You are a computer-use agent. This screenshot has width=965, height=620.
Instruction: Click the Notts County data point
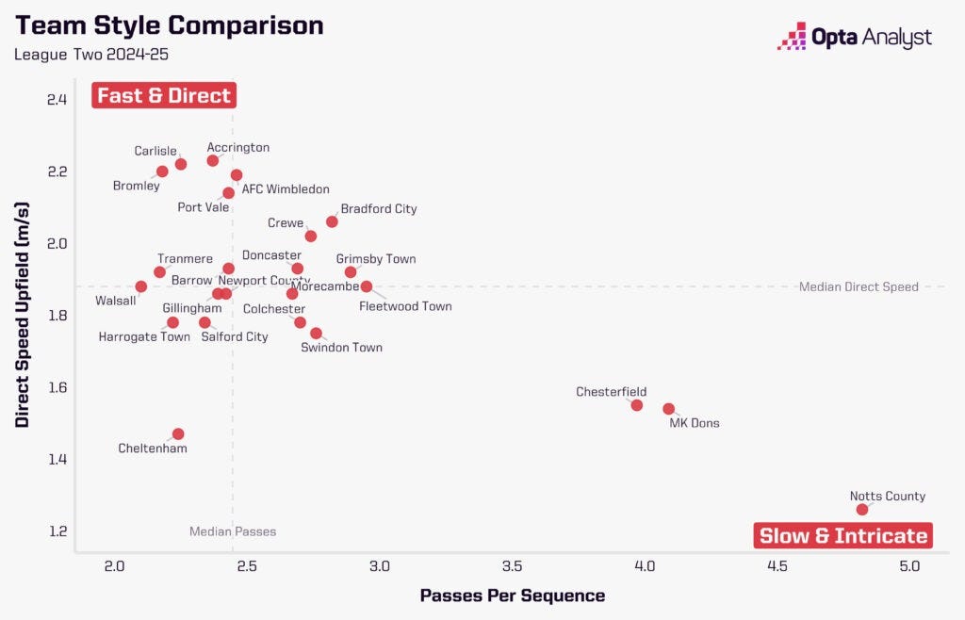coord(861,510)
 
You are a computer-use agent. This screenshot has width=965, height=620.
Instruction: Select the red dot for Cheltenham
coord(178,434)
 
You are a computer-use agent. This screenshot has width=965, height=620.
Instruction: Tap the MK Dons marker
coord(668,409)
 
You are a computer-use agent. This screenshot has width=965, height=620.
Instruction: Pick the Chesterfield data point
coord(636,405)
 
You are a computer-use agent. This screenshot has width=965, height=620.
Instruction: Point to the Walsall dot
coord(141,286)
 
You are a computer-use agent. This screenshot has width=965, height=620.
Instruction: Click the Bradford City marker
coord(332,221)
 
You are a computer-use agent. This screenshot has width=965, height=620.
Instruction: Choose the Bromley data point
coord(162,171)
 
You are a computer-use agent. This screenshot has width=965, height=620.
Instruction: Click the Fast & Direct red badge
coord(164,95)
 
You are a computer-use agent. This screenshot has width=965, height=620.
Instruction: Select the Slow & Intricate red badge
coord(843,536)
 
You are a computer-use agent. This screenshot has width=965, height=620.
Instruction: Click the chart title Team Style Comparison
coord(169,25)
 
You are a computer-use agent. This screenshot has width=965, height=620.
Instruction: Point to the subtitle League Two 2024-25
coord(90,55)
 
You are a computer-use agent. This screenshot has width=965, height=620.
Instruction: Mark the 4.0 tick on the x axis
coord(645,567)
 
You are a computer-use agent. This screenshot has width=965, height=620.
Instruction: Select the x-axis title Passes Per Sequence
coord(512,596)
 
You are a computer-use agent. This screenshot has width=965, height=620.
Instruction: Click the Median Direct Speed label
coord(858,286)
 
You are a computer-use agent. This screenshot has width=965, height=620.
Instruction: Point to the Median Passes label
coord(233,531)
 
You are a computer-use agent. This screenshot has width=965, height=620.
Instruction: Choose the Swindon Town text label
coord(341,348)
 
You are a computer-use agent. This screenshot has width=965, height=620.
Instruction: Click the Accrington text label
coord(238,148)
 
